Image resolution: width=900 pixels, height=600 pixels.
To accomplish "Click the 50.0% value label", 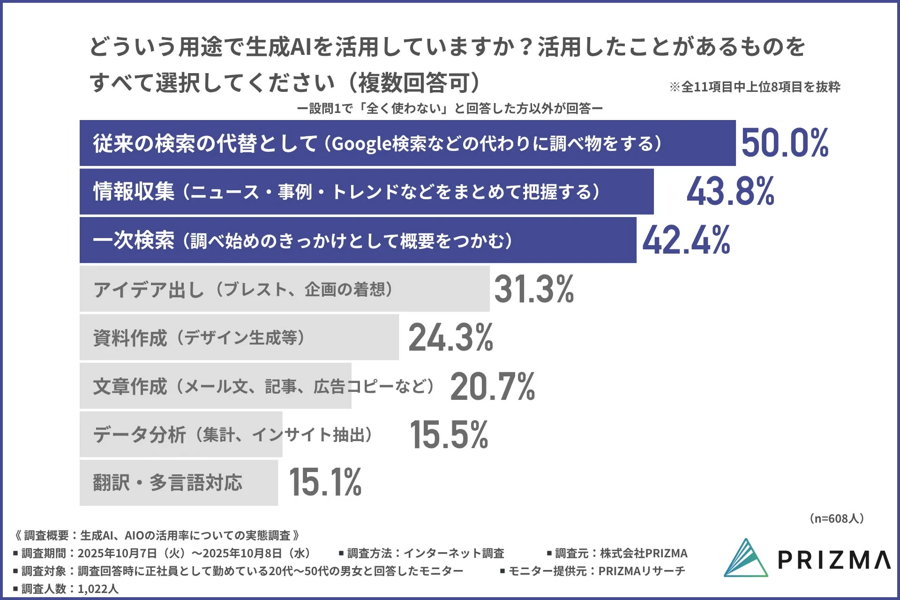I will pyautogui.click(x=785, y=143).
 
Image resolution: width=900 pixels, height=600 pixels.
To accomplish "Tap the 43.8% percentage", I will pyautogui.click(x=730, y=191).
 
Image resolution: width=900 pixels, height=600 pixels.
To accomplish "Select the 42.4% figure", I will pyautogui.click(x=686, y=240).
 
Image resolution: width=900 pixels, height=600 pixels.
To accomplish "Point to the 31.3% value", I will pyautogui.click(x=534, y=289).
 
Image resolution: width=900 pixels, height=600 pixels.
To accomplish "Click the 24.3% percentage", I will pyautogui.click(x=450, y=337).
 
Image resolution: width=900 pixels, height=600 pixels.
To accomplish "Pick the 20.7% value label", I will pyautogui.click(x=492, y=386).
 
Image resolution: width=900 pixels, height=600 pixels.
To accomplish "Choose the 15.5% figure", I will pyautogui.click(x=449, y=435).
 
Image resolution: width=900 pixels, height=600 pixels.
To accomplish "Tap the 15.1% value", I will pyautogui.click(x=325, y=482).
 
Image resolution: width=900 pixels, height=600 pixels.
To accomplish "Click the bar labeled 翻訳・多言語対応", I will pyautogui.click(x=179, y=483).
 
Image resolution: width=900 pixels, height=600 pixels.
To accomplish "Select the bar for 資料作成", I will pyautogui.click(x=239, y=337).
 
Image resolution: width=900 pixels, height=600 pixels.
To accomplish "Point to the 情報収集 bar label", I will pyautogui.click(x=134, y=192).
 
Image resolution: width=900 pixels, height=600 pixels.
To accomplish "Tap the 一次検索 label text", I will pyautogui.click(x=134, y=240).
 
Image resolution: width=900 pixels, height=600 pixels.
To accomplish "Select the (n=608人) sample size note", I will pyautogui.click(x=836, y=518).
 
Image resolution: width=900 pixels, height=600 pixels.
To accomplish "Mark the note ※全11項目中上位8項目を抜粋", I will pyautogui.click(x=755, y=87).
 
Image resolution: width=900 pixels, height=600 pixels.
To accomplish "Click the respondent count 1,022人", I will pyautogui.click(x=98, y=589).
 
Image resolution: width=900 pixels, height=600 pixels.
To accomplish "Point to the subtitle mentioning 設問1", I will pyautogui.click(x=450, y=109).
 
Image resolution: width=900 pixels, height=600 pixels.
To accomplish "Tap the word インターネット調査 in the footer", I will pyautogui.click(x=453, y=554).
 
